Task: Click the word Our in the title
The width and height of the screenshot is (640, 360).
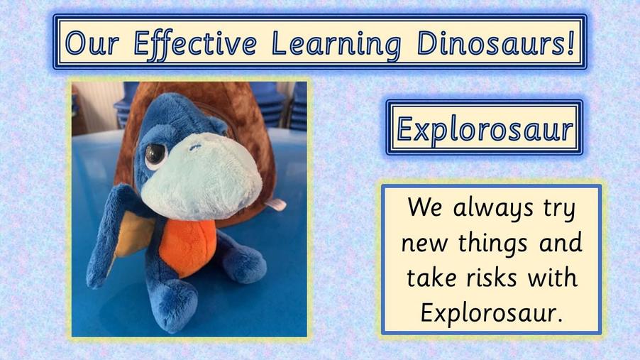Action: point(92,43)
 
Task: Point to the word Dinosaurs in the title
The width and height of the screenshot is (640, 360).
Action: point(490,43)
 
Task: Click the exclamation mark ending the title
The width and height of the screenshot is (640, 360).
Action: point(570,43)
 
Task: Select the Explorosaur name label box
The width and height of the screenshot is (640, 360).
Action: point(485,128)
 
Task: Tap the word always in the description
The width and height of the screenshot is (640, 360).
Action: point(493,208)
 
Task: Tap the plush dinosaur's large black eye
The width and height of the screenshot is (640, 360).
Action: point(155,155)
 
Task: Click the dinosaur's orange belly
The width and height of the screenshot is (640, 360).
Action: point(188,247)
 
